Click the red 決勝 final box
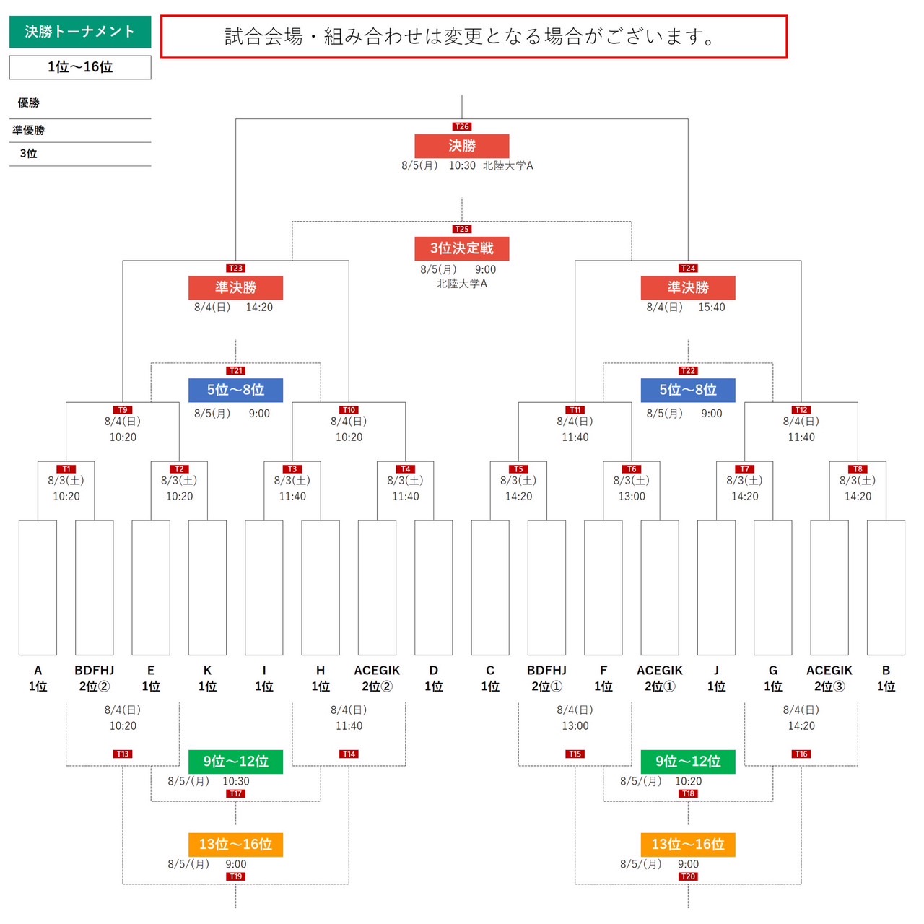pyautogui.click(x=462, y=146)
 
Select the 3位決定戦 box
pyautogui.click(x=462, y=248)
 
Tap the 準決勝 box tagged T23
pyautogui.click(x=235, y=287)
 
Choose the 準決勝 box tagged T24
pyautogui.click(x=688, y=287)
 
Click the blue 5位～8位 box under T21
pyautogui.click(x=235, y=390)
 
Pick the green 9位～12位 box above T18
pyautogui.click(x=688, y=762)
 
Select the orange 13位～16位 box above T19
pyautogui.click(x=235, y=845)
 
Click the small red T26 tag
pyautogui.click(x=462, y=126)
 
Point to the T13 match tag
pyautogui.click(x=123, y=754)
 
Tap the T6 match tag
pyautogui.click(x=632, y=468)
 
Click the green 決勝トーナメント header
pyautogui.click(x=80, y=32)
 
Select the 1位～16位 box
pyautogui.click(x=80, y=67)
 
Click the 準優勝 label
pyautogui.click(x=29, y=130)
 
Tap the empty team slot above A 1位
pyautogui.click(x=38, y=588)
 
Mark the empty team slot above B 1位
pyautogui.click(x=886, y=588)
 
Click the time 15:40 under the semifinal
pyautogui.click(x=712, y=307)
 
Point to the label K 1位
pyautogui.click(x=207, y=678)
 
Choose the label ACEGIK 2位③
pyautogui.click(x=829, y=678)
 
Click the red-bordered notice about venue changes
pyautogui.click(x=474, y=37)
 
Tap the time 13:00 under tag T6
pyautogui.click(x=632, y=496)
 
